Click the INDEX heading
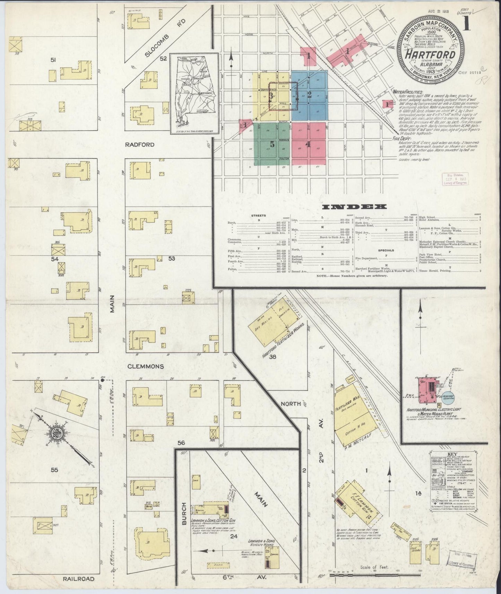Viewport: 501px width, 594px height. pyautogui.click(x=354, y=207)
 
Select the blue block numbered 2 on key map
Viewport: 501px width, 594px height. pyautogui.click(x=310, y=94)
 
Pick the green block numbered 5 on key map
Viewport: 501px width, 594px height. pyautogui.click(x=272, y=145)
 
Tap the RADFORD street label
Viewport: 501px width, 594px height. pyautogui.click(x=140, y=145)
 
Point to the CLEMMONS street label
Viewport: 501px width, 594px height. pyautogui.click(x=145, y=366)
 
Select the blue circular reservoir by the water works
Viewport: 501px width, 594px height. pyautogui.click(x=450, y=396)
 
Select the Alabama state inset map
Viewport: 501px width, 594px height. pyautogui.click(x=194, y=93)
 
